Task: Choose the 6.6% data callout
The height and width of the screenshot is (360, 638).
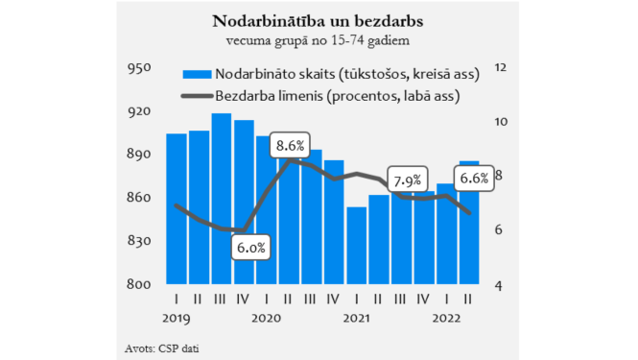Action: coord(473,178)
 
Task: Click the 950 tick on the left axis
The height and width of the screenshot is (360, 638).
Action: coord(139,68)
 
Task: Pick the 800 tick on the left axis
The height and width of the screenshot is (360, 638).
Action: coord(139,285)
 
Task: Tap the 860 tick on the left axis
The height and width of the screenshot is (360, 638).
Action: coord(139,198)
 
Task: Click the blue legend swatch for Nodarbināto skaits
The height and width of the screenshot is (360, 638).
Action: coord(195,74)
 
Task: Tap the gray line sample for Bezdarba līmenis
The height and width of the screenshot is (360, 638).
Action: coord(195,95)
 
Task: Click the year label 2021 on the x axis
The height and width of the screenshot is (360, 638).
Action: coord(357,318)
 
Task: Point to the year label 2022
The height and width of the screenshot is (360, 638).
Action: coord(448,318)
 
